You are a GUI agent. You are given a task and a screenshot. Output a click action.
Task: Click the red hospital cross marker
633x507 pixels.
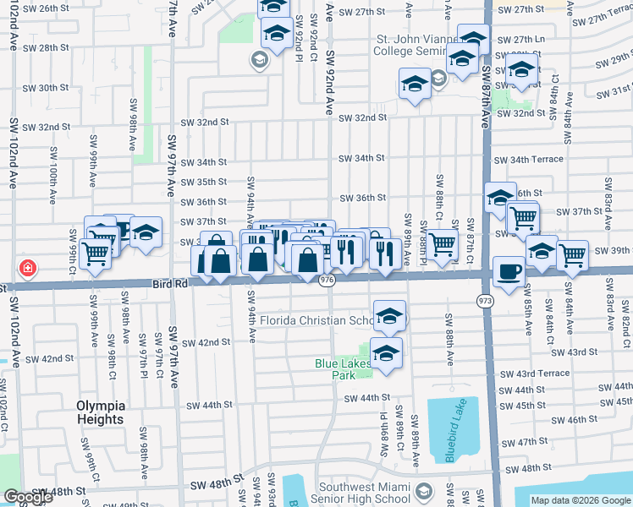point(29,268)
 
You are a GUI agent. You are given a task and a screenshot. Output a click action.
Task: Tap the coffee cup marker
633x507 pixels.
point(508,271)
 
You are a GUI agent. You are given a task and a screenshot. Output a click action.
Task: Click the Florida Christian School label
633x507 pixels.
point(318,320)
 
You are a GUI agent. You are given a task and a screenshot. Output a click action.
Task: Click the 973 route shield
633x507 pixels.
point(485,300)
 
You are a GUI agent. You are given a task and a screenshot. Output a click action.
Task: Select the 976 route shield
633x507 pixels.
point(328,280)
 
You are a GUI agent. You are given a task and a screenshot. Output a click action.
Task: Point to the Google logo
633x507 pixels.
point(27,497)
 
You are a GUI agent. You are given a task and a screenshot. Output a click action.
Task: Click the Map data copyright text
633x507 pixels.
point(581,500)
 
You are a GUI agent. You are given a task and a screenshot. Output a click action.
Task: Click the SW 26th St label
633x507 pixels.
point(46,8)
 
